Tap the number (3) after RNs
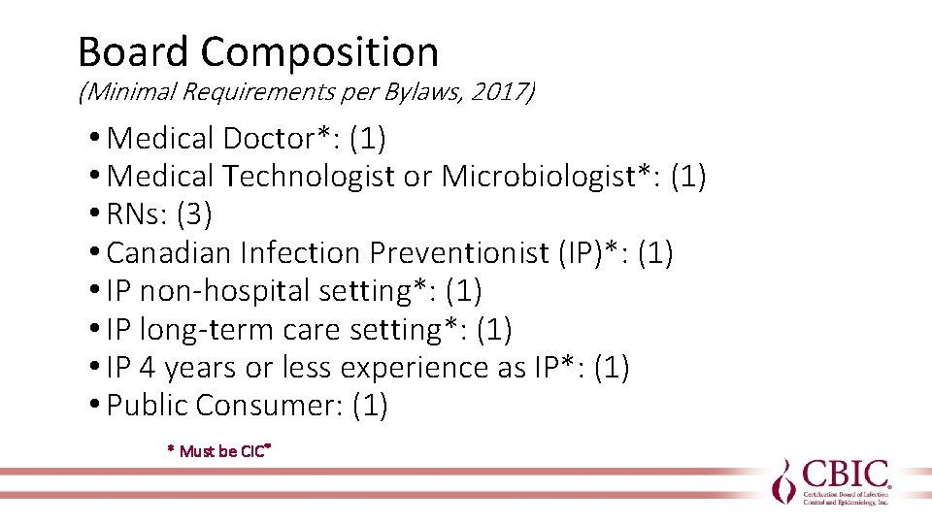(193, 214)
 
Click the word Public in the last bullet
(148, 406)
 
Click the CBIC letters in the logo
(845, 475)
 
